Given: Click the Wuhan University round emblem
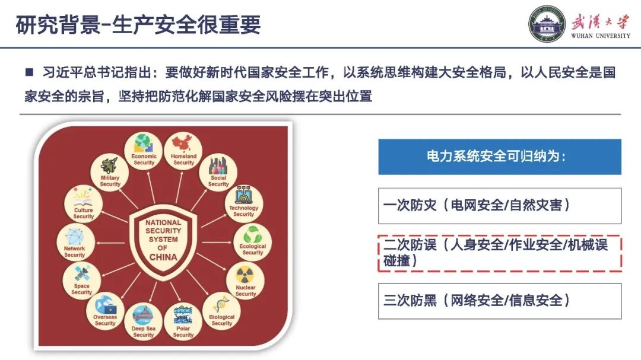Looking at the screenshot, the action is (547, 24).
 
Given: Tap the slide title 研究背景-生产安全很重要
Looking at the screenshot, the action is (138, 25).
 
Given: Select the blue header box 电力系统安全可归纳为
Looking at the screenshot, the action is (500, 157).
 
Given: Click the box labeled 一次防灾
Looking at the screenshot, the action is (500, 205).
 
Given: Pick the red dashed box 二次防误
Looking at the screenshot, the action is (500, 253).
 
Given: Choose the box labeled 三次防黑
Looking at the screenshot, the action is (500, 301).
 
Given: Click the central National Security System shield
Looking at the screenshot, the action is (163, 240).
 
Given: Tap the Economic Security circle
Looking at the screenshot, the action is (144, 151).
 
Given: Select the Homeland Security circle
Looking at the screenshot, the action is (183, 151).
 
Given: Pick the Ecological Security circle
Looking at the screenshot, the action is (252, 241).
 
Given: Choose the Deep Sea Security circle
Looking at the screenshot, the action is (143, 323).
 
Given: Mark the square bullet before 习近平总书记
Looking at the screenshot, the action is (28, 72).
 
